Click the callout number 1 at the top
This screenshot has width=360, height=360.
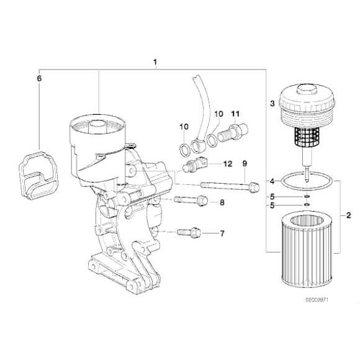[x=155, y=62]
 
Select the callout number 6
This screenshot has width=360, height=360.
[x=39, y=79]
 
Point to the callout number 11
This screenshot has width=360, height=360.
[x=235, y=114]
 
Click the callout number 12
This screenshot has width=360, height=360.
[x=227, y=164]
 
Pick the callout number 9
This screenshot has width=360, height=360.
[x=245, y=164]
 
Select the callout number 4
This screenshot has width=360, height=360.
[x=272, y=181]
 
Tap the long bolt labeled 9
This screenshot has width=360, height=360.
[x=227, y=185]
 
